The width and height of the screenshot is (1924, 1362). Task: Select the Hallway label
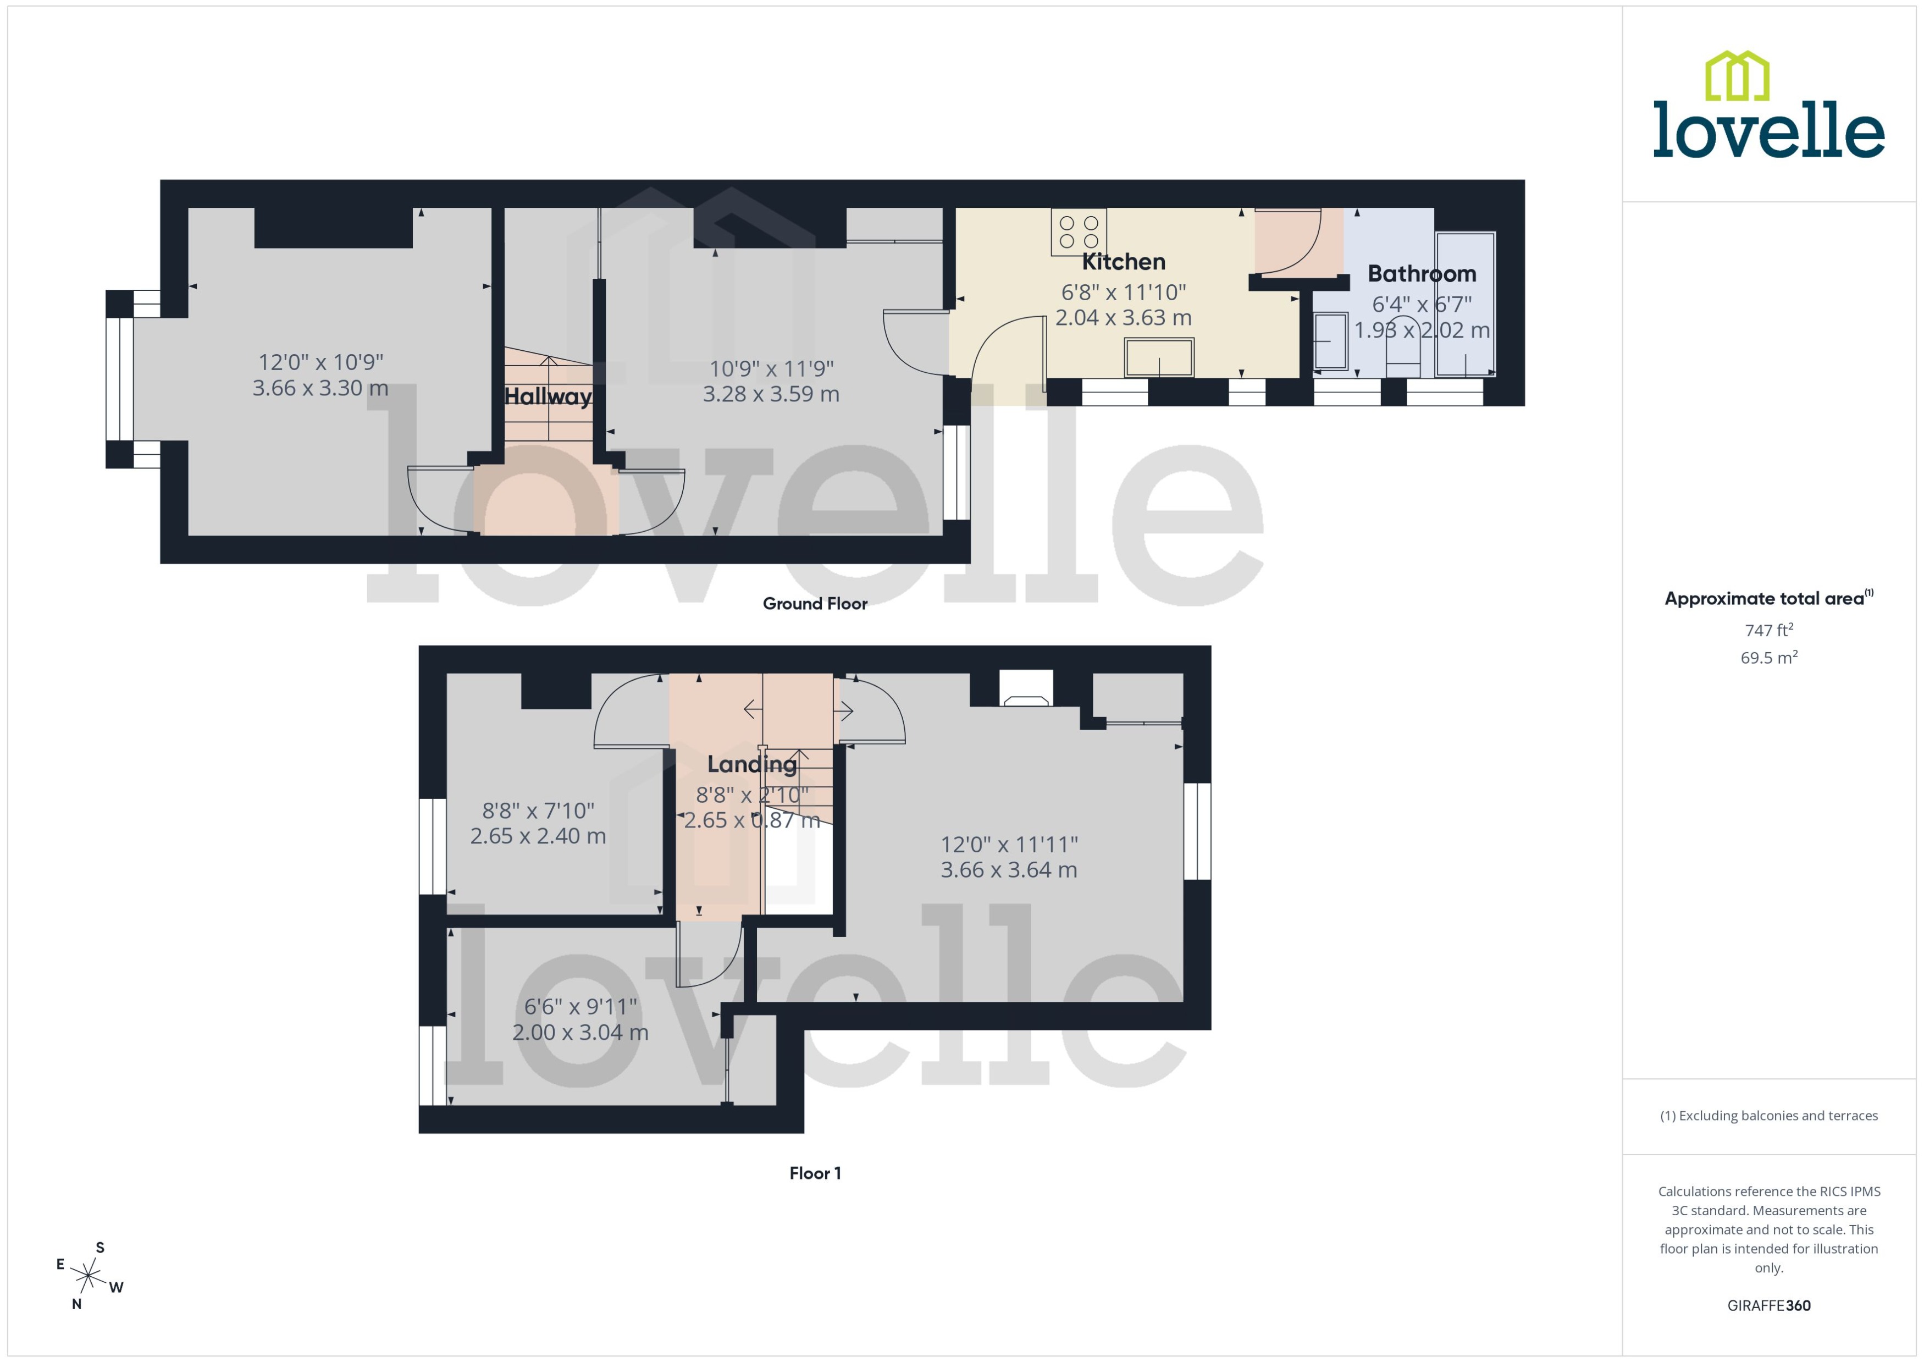pos(548,396)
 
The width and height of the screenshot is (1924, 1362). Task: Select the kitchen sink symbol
pos(1159,358)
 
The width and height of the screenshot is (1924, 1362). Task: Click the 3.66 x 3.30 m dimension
pos(320,388)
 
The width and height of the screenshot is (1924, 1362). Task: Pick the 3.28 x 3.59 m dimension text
pos(771,394)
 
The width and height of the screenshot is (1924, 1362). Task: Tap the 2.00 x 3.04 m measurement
pos(580,1033)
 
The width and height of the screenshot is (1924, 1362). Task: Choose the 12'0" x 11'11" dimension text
pos(1009,845)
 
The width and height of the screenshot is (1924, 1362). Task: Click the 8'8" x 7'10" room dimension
pos(538,811)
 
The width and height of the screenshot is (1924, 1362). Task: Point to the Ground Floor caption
pos(814,604)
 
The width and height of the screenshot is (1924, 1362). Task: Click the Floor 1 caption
pos(814,1173)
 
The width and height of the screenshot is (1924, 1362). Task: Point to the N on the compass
pos(76,1304)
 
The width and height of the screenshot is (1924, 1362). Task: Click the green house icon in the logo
pos(1737,76)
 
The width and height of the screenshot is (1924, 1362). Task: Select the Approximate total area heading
pos(1765,599)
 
